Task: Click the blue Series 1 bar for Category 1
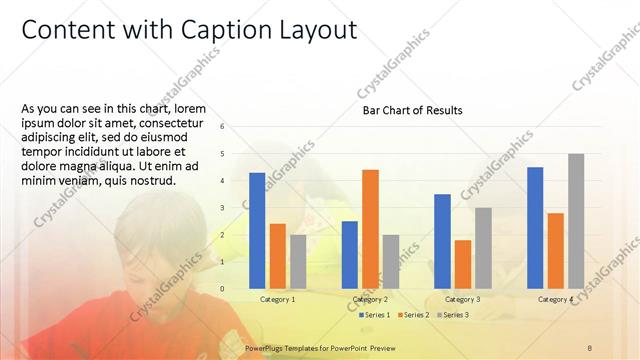(257, 230)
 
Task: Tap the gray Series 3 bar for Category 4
(576, 220)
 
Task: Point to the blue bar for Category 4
(535, 227)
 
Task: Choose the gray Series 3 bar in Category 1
(298, 261)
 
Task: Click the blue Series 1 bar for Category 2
(350, 254)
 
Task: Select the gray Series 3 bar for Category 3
(483, 247)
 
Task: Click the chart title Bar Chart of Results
(412, 110)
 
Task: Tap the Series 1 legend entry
(375, 315)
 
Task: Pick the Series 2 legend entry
(415, 315)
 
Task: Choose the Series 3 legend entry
(454, 315)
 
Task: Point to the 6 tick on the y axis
(236, 126)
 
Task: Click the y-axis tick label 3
(236, 207)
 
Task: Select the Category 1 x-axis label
(277, 299)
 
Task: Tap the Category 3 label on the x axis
(463, 299)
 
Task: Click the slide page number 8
(590, 347)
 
